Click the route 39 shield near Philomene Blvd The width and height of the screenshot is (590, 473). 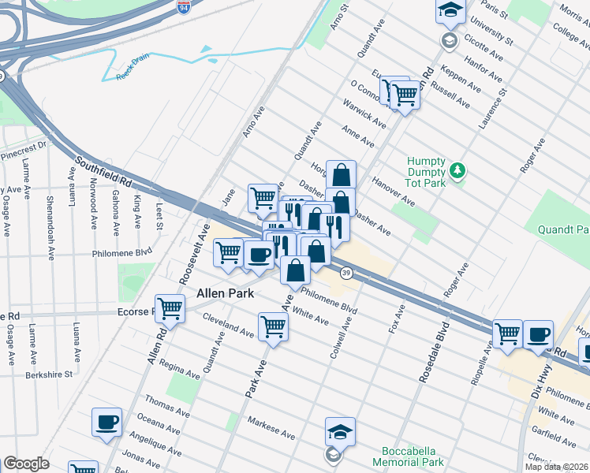tap(346, 273)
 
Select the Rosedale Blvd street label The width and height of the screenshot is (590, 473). tap(435, 352)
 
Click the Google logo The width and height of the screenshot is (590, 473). tap(26, 464)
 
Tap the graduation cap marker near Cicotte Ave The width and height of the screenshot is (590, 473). tap(450, 12)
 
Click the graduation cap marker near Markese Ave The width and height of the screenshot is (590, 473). tap(340, 431)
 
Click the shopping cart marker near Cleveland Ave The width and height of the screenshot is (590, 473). tap(273, 326)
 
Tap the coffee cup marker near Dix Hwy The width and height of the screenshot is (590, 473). tap(538, 333)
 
